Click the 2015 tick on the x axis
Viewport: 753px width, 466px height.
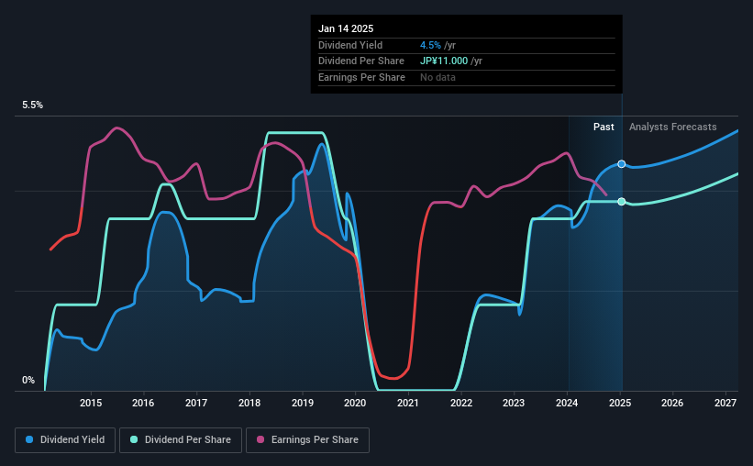tap(90, 403)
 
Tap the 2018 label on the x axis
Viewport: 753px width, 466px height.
tap(249, 403)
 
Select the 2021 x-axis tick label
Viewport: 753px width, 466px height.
tap(408, 403)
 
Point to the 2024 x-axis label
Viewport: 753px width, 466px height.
tap(567, 403)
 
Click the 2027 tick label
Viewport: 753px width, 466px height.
tap(725, 403)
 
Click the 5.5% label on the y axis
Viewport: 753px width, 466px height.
tap(33, 105)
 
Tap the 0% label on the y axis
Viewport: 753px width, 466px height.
tap(28, 381)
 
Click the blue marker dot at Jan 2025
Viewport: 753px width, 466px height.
tap(622, 164)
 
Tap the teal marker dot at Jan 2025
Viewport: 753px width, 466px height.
tap(622, 202)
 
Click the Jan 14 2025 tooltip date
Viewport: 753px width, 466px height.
tap(346, 28)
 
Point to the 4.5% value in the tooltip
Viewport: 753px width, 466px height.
tap(430, 45)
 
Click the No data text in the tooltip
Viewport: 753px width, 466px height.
tap(437, 77)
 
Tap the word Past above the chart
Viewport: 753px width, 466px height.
tap(604, 127)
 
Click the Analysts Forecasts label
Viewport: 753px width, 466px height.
tap(673, 127)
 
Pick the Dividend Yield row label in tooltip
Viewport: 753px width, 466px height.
tap(350, 45)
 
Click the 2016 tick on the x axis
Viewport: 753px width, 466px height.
tap(143, 403)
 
